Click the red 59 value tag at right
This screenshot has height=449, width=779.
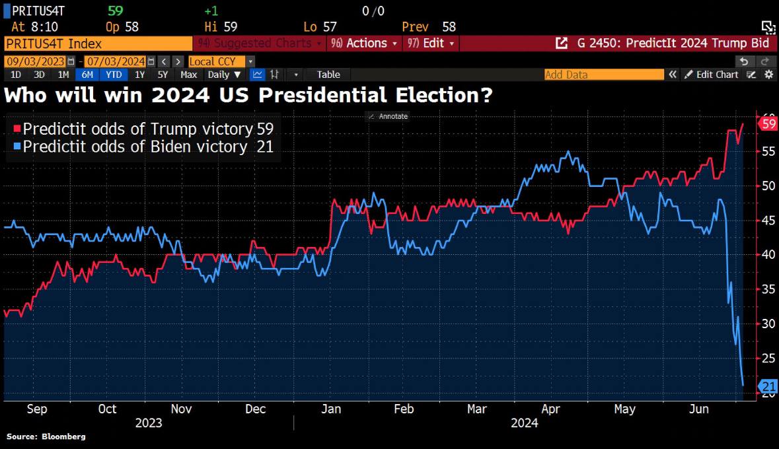768,124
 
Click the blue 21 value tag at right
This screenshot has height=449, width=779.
768,386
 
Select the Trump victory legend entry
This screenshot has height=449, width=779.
138,129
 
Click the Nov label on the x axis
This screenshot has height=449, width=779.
181,409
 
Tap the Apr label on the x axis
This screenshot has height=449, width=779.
550,409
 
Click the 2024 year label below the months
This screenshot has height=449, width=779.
524,423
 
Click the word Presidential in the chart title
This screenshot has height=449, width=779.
331,96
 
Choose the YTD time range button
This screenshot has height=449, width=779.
114,75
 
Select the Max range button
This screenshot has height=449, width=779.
189,75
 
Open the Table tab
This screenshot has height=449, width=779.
328,75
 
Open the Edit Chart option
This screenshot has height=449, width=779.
711,75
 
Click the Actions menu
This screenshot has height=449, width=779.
365,44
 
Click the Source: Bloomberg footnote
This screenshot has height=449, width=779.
46,436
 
